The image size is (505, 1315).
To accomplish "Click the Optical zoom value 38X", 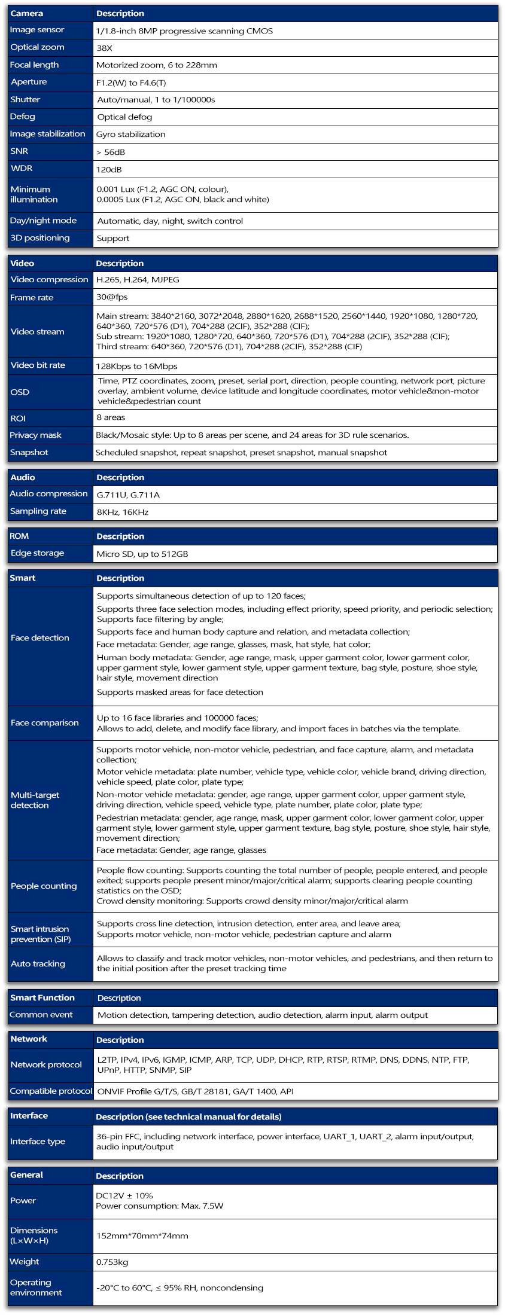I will coord(105,48).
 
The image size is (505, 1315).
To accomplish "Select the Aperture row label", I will coord(29,82).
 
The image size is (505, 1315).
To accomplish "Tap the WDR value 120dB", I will coord(109,169).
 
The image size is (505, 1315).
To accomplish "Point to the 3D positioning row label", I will coord(40,238).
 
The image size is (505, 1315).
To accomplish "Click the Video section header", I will coord(23,263).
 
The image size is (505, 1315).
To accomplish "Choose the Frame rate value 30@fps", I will coord(112,297).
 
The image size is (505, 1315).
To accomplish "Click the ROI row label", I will coord(18,418).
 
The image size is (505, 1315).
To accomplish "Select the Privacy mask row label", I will coord(36,435).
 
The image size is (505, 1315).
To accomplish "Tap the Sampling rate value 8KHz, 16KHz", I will coord(123,512).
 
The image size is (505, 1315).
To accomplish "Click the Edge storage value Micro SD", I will coord(142,554).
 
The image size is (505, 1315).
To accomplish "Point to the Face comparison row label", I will coord(45,722).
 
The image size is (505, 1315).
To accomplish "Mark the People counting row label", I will coord(44,886).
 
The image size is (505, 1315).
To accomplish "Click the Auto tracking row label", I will coord(38,963).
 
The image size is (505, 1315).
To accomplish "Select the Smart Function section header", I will coord(42,997).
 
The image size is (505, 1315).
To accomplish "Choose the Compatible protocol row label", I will coord(51,1091).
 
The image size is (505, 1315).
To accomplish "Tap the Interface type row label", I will coord(38,1141).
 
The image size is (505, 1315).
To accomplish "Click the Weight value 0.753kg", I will coord(112,1262).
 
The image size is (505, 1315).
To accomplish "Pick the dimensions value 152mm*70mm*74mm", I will coord(142,1235).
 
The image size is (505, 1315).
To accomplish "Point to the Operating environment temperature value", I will coord(180,1287).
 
